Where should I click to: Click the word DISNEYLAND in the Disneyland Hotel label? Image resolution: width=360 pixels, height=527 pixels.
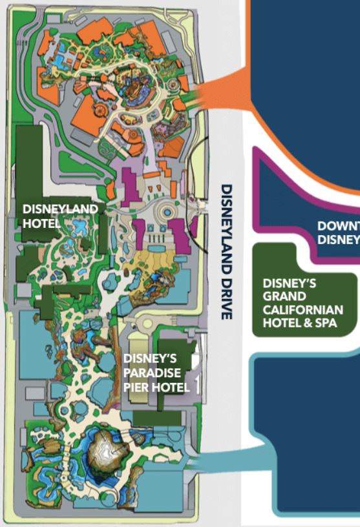pyautogui.click(x=60, y=209)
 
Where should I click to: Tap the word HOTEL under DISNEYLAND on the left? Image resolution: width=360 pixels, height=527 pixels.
pyautogui.click(x=40, y=223)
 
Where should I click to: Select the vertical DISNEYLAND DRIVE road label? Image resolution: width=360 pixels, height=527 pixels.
pyautogui.click(x=226, y=251)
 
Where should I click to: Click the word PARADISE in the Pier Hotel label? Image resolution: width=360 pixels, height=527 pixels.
pyautogui.click(x=153, y=373)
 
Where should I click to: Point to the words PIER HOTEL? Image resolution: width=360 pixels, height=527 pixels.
pyautogui.click(x=156, y=387)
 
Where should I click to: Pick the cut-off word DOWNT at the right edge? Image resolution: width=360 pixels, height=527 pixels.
pyautogui.click(x=338, y=226)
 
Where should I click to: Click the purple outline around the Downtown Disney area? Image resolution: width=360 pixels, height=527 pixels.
pyautogui.click(x=259, y=194)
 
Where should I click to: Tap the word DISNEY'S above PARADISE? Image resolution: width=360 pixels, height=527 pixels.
pyautogui.click(x=149, y=359)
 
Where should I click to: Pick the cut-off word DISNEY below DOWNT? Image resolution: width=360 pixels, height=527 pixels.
pyautogui.click(x=338, y=239)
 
